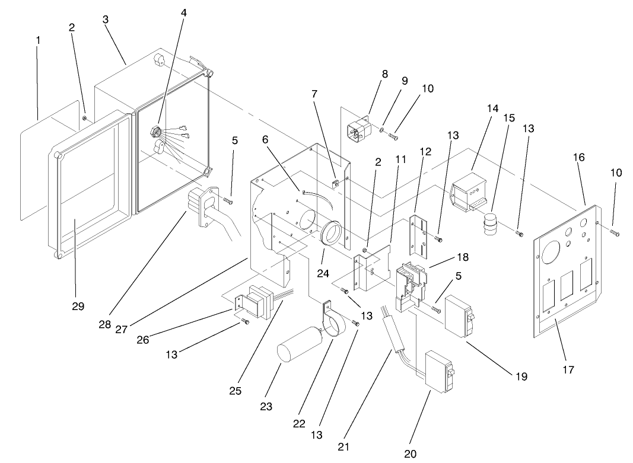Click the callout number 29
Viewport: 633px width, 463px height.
(x=78, y=306)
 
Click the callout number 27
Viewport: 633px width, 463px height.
(x=122, y=329)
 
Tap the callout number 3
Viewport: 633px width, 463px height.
(x=105, y=19)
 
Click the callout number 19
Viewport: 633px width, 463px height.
(x=521, y=376)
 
